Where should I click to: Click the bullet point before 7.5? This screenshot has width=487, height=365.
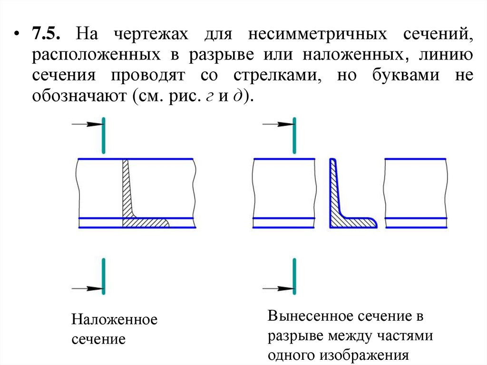click(18, 36)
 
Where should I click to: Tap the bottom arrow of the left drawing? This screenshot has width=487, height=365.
click(88, 288)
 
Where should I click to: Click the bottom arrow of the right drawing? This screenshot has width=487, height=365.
click(279, 288)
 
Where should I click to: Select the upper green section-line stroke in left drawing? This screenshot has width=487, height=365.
click(103, 133)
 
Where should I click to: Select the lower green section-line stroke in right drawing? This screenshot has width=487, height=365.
click(295, 276)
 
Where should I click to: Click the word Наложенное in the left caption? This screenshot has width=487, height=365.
click(114, 319)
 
